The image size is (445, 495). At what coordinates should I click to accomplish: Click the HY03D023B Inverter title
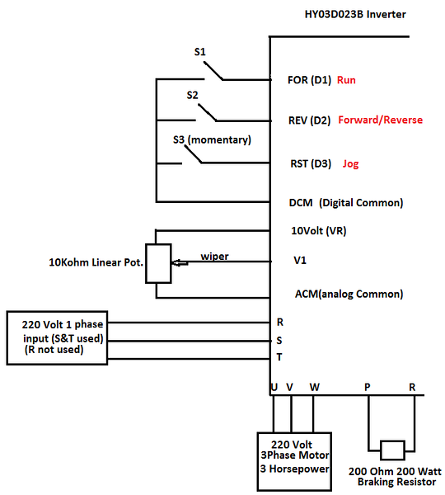pyautogui.click(x=355, y=14)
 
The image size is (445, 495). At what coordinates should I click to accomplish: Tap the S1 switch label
pyautogui.click(x=200, y=51)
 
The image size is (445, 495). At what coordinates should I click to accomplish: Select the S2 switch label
pyautogui.click(x=192, y=95)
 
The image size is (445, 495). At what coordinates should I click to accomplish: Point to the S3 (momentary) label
pyautogui.click(x=212, y=139)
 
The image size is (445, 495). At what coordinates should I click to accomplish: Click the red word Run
pyautogui.click(x=346, y=80)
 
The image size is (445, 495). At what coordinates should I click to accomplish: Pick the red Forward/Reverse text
pyautogui.click(x=381, y=120)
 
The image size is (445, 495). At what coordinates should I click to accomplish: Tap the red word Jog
pyautogui.click(x=351, y=164)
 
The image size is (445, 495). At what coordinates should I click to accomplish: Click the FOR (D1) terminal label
pyautogui.click(x=309, y=80)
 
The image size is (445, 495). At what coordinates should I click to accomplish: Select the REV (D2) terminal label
pyautogui.click(x=309, y=120)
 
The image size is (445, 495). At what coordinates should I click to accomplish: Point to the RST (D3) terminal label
pyautogui.click(x=311, y=163)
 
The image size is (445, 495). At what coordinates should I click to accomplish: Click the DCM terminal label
pyautogui.click(x=301, y=202)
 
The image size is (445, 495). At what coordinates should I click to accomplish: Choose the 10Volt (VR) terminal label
pyautogui.click(x=319, y=231)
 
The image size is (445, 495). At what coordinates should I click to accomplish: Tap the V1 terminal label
pyautogui.click(x=300, y=260)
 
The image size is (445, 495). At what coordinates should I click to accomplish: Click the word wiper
pyautogui.click(x=214, y=257)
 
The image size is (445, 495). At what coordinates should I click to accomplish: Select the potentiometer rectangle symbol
pyautogui.click(x=158, y=263)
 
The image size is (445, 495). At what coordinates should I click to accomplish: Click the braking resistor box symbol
pyautogui.click(x=392, y=450)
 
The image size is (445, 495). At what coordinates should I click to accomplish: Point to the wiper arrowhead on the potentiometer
pyautogui.click(x=174, y=262)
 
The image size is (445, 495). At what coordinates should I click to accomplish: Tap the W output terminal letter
pyautogui.click(x=315, y=387)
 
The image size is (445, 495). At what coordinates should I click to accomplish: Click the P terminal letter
pyautogui.click(x=367, y=387)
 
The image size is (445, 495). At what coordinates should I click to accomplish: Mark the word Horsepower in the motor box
pyautogui.click(x=299, y=469)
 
